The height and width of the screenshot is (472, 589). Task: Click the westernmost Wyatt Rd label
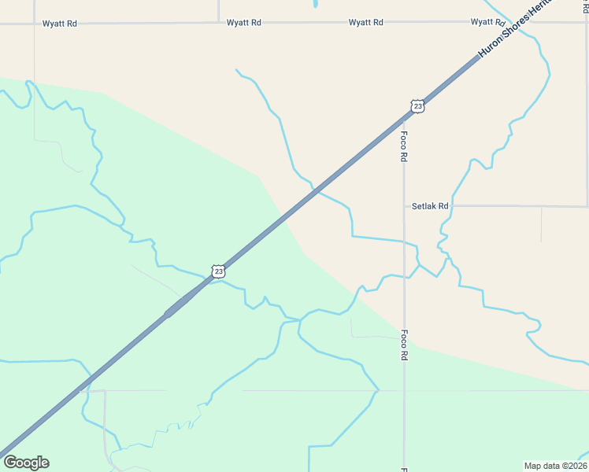tap(61, 24)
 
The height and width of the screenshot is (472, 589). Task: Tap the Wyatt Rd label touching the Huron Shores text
tap(487, 23)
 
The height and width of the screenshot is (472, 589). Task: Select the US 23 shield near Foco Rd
tap(417, 106)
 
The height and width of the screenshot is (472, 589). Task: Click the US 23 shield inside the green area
tap(218, 271)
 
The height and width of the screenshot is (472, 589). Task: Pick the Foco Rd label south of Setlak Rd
tap(404, 345)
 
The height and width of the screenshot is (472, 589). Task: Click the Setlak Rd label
tap(430, 206)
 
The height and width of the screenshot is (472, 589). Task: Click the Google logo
tap(26, 463)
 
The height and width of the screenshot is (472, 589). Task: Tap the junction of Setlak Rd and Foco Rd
tap(404, 206)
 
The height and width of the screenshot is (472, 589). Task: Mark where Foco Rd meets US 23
tap(404, 118)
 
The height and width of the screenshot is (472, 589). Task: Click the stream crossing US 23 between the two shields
tap(316, 190)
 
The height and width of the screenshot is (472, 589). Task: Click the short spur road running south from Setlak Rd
tap(541, 224)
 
